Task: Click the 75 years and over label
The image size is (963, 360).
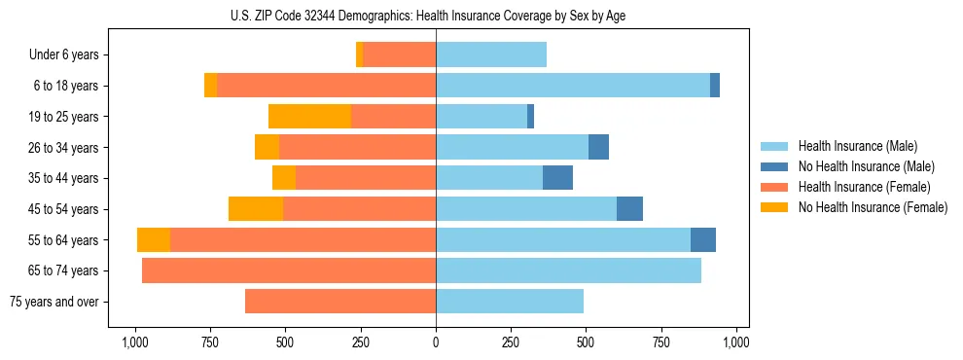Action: [53, 302]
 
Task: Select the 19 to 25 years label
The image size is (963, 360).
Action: [63, 117]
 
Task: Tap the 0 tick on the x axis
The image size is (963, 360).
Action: [436, 342]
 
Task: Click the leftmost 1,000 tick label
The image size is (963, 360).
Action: [134, 342]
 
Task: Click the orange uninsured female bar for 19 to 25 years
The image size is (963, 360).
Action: [309, 117]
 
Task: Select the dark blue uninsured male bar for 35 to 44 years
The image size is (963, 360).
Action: [557, 178]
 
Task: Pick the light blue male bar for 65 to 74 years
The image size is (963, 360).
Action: [568, 270]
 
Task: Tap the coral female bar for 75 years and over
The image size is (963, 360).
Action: [340, 302]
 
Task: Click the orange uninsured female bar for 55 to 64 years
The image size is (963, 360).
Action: [154, 240]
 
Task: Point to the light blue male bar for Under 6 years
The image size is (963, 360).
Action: [491, 55]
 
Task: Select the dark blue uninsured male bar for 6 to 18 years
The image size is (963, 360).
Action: [715, 86]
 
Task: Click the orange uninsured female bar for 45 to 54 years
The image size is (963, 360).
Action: [256, 209]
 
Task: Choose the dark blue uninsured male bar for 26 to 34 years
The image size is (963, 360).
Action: [598, 148]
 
